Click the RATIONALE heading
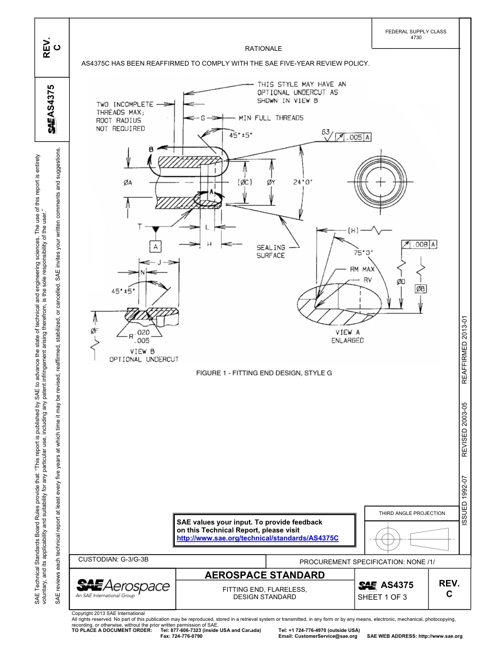click(x=263, y=48)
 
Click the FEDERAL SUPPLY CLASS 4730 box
click(x=416, y=34)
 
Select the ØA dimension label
click(x=128, y=183)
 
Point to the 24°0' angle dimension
click(x=303, y=182)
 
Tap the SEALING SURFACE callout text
click(x=271, y=251)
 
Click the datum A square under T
click(x=155, y=246)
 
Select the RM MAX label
click(x=362, y=269)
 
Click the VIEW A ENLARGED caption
click(x=348, y=336)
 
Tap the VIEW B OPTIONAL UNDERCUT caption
click(x=144, y=355)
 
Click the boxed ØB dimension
click(x=421, y=288)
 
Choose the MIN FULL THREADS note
click(x=271, y=117)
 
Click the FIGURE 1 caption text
click(x=264, y=373)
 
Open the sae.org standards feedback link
click(x=257, y=538)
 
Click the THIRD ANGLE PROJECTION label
click(x=412, y=513)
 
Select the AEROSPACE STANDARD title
click(x=264, y=575)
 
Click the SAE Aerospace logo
click(x=123, y=588)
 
